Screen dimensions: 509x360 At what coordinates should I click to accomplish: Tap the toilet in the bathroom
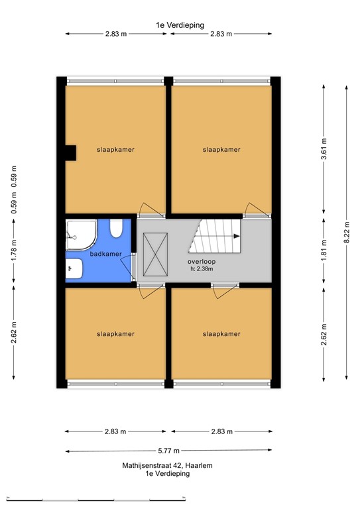click(117, 229)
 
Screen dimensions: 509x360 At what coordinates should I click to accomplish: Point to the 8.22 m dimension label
click(346, 233)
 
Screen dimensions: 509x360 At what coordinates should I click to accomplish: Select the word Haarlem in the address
click(198, 465)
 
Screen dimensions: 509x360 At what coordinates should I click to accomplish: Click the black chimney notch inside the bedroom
click(68, 152)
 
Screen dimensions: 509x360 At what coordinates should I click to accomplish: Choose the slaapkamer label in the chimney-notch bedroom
click(115, 150)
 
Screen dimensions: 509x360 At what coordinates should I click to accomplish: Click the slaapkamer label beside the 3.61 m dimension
click(221, 150)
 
